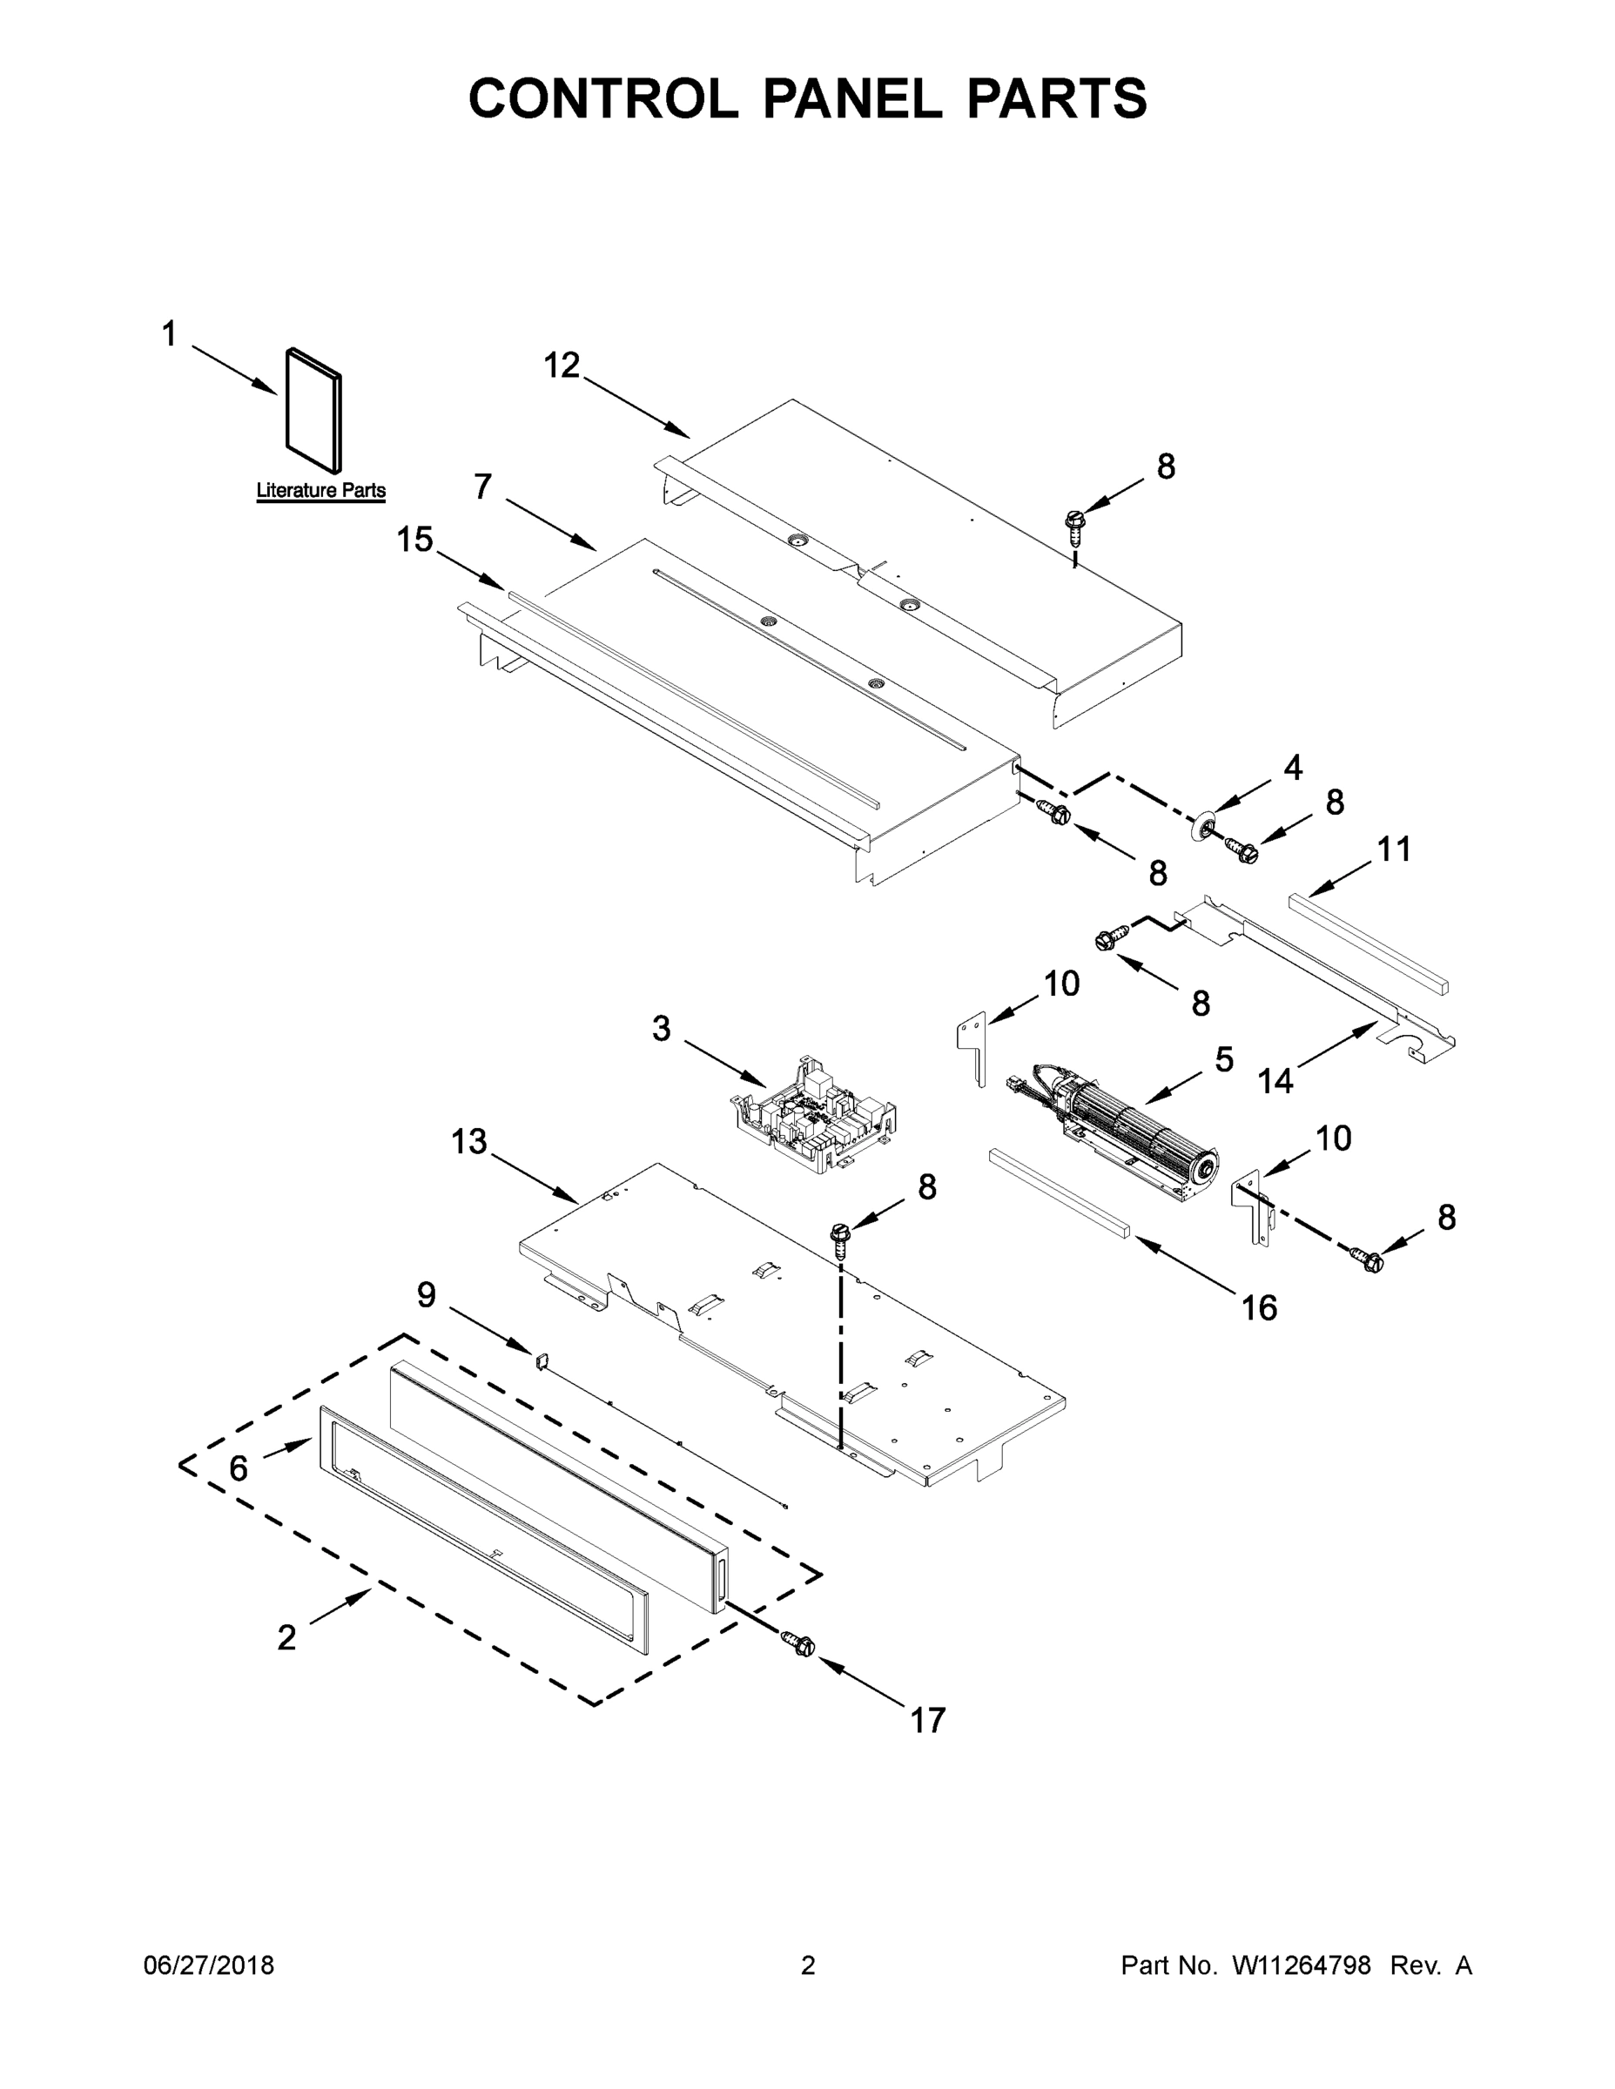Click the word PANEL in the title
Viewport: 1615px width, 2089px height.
[852, 97]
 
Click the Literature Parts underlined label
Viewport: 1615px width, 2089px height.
[320, 491]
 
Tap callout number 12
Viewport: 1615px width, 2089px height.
[562, 365]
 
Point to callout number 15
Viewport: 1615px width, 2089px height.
[414, 540]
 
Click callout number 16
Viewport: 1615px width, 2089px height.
[1259, 1307]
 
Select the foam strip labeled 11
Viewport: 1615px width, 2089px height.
[1368, 942]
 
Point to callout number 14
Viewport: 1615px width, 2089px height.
[1275, 1081]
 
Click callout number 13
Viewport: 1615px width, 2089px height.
[468, 1141]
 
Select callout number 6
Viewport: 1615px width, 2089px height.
[239, 1468]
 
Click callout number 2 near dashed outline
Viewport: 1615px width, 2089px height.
[286, 1637]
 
